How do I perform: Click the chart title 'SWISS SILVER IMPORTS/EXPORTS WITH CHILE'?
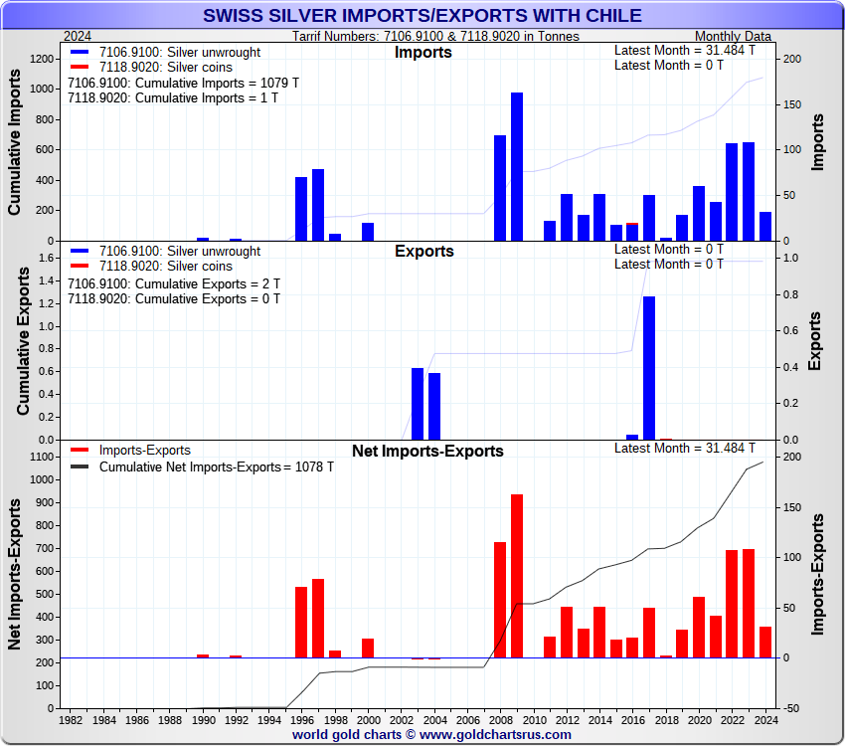(x=422, y=15)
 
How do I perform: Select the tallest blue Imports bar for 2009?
(x=517, y=166)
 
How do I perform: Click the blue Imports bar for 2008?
(x=500, y=188)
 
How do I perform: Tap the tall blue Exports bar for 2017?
(x=649, y=368)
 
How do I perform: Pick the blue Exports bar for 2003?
(x=418, y=404)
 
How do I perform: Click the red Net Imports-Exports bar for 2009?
(x=517, y=576)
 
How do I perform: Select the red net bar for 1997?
(x=318, y=618)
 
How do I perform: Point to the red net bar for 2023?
(x=749, y=603)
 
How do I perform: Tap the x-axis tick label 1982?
(x=71, y=718)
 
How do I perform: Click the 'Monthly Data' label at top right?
(x=733, y=36)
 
